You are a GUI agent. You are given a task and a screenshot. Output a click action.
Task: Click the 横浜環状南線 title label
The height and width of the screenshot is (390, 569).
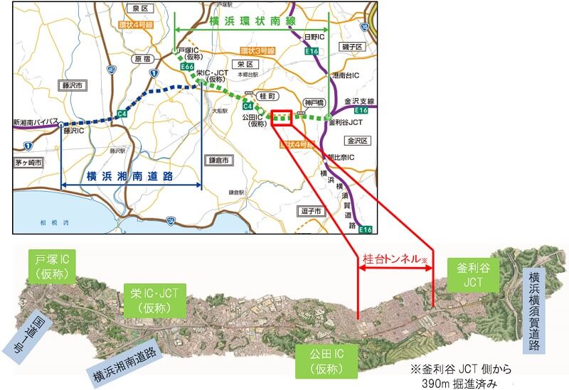(x=252, y=21)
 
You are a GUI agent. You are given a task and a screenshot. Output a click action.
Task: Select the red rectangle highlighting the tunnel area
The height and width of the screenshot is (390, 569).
(x=282, y=117)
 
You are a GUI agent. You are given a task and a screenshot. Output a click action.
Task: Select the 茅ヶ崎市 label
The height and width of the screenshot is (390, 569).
(x=28, y=162)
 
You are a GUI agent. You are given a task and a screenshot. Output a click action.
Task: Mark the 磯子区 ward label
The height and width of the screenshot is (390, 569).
(x=353, y=46)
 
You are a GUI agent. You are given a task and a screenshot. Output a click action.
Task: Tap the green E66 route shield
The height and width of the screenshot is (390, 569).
(x=188, y=67)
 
